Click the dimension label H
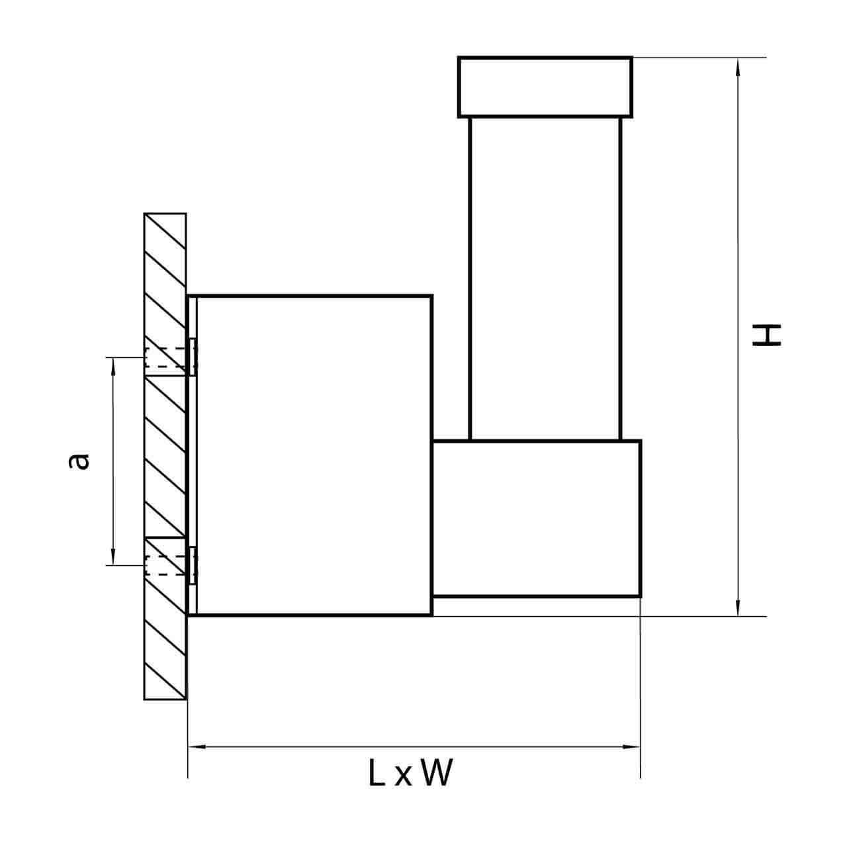(766, 335)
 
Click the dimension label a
(79, 461)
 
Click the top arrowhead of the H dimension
(738, 67)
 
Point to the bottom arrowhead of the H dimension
(738, 607)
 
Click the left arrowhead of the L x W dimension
(197, 746)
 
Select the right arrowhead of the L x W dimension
(631, 746)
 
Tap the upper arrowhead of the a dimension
(113, 367)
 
